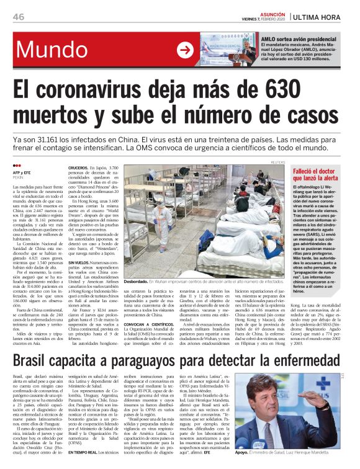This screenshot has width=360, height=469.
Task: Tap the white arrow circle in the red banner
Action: click(x=185, y=50)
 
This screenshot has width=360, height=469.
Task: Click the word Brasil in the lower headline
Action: click(x=40, y=359)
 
